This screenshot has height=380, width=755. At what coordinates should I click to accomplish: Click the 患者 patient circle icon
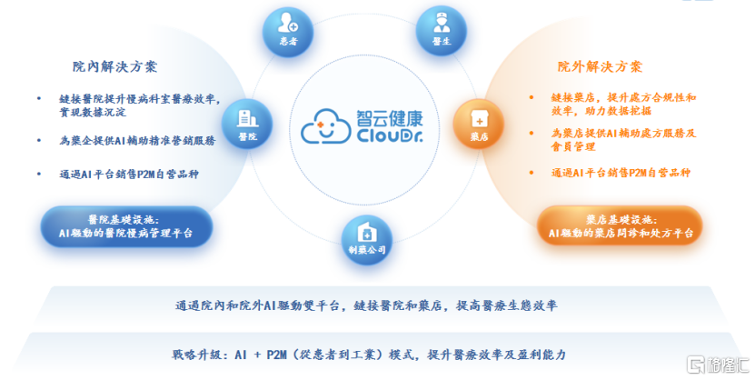[x=288, y=33]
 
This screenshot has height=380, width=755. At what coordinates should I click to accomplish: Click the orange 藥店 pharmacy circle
[x=479, y=122]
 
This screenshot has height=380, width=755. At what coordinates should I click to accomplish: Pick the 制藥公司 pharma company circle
[x=366, y=239]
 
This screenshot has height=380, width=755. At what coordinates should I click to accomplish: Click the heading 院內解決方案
[x=115, y=67]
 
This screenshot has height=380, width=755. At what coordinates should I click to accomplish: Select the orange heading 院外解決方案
[x=600, y=67]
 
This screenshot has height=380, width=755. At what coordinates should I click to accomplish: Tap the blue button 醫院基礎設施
[x=126, y=226]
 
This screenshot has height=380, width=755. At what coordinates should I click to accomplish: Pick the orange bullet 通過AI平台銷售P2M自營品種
[x=621, y=173]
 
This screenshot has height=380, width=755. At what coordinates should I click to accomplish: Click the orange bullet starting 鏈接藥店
[x=623, y=104]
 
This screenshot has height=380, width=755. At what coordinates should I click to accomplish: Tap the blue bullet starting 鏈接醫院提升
[x=142, y=105]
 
